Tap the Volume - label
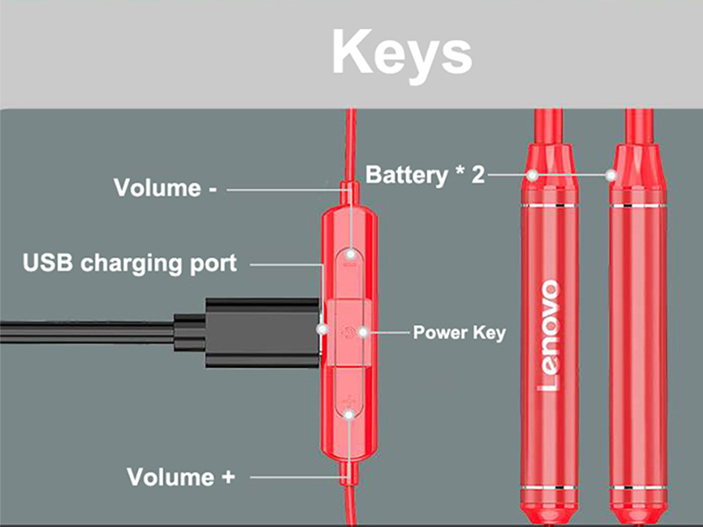165,188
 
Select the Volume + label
182,477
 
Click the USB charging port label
129,263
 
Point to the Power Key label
459,333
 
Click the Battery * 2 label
424,174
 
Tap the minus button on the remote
351,256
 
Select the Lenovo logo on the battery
548,335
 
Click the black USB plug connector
255,332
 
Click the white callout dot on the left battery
532,175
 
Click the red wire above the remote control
351,141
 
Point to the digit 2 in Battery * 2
477,174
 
